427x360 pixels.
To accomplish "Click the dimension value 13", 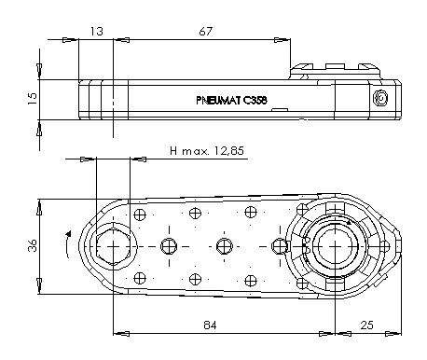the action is point(97,31).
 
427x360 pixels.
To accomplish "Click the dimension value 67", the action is point(206,31).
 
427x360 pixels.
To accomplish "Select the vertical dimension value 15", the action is point(32,99).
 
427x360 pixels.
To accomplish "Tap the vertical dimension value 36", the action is point(32,245).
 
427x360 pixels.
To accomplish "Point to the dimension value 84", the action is point(210,325).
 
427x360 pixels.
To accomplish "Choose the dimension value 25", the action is point(366,325).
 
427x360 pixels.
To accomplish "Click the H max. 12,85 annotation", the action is point(207,151).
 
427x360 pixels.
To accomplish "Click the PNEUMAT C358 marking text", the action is point(231,100).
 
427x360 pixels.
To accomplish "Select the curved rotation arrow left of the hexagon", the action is point(67,244).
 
